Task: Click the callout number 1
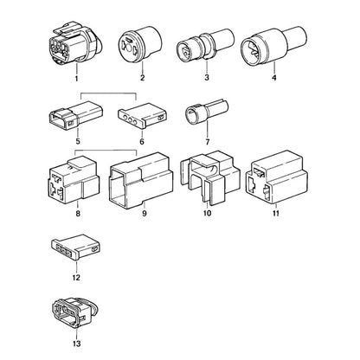click(76, 78)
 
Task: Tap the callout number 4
click(274, 78)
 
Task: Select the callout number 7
click(208, 142)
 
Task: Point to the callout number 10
click(207, 213)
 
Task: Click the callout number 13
click(77, 344)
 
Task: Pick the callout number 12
click(76, 278)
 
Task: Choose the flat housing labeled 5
click(76, 115)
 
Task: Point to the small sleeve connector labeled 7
click(207, 113)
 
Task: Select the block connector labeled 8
click(74, 178)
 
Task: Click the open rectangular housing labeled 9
click(141, 177)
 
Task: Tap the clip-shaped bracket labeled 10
click(210, 177)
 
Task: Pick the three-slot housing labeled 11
click(276, 177)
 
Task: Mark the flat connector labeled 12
click(75, 247)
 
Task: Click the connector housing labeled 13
click(75, 312)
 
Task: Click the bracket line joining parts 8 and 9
click(106, 151)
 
